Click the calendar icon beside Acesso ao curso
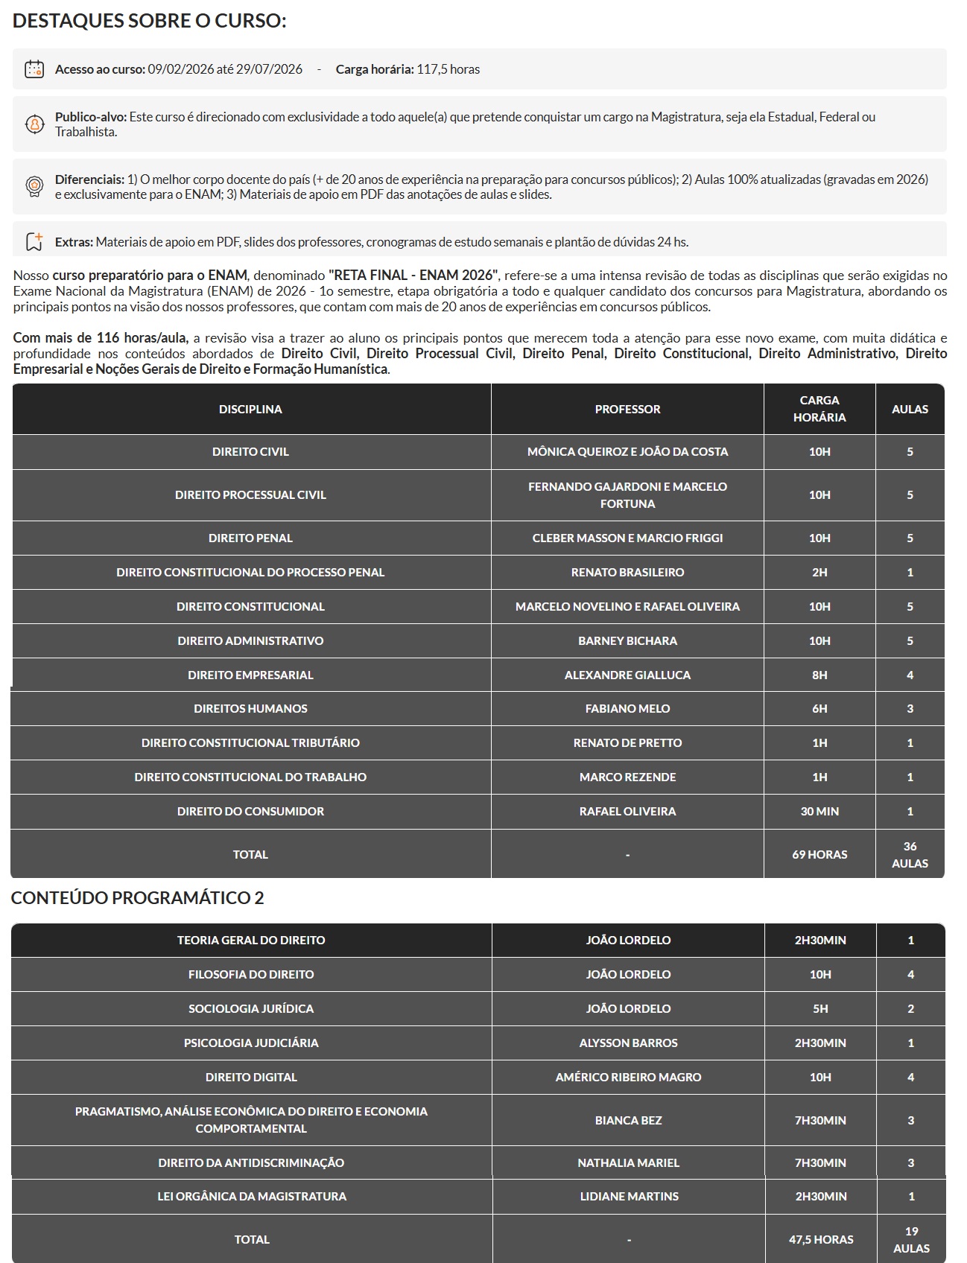[34, 69]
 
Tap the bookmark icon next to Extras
[34, 241]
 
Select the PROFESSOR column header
[627, 409]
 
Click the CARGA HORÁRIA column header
[819, 409]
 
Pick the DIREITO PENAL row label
[250, 538]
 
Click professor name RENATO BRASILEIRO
[627, 572]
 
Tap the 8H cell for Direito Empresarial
[819, 675]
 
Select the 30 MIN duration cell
[819, 811]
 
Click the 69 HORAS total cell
[819, 854]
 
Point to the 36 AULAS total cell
[910, 854]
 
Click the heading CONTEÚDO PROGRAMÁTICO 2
[138, 898]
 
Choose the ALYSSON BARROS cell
[628, 1043]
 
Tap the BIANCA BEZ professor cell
[628, 1120]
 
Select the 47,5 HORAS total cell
[821, 1239]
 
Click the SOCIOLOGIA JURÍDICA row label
[251, 1008]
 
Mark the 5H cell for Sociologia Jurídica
[820, 1008]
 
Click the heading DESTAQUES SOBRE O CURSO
[150, 21]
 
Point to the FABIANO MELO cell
[627, 708]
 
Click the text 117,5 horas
[448, 69]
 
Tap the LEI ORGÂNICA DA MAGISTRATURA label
[252, 1196]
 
